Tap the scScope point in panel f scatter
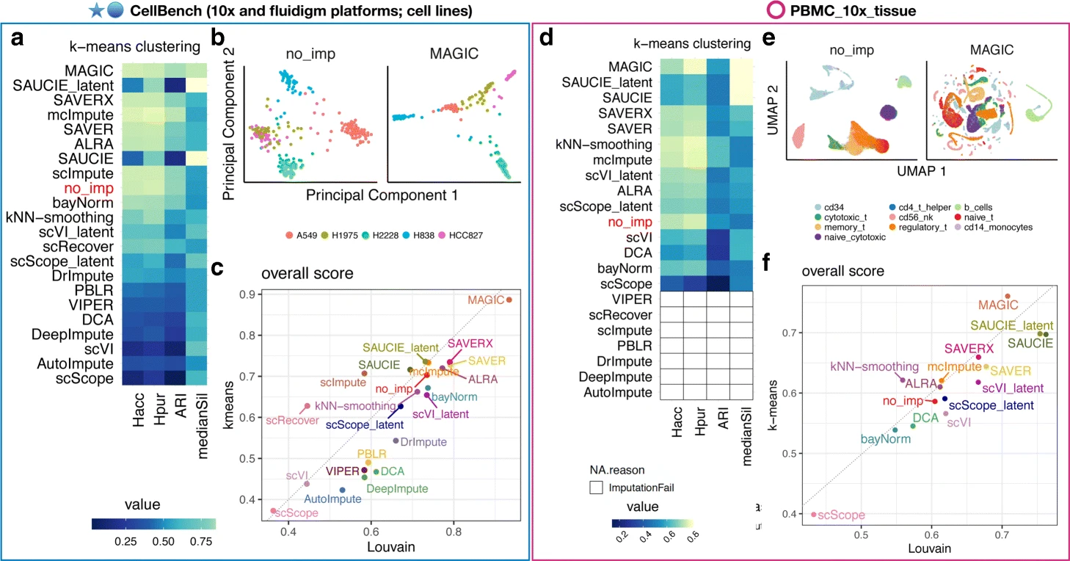coord(813,514)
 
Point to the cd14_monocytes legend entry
coord(999,227)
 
